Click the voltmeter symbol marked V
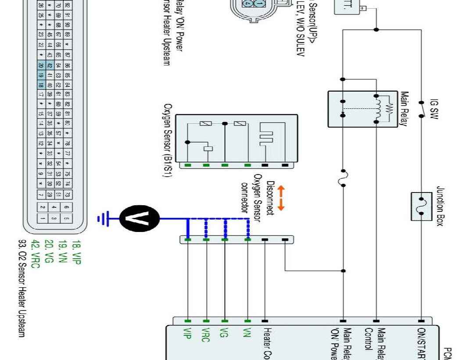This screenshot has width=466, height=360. click(140, 217)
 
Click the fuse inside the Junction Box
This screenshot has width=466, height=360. click(422, 206)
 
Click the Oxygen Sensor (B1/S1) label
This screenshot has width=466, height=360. click(167, 141)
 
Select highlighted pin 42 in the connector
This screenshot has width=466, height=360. click(50, 65)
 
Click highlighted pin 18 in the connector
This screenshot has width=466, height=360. click(41, 85)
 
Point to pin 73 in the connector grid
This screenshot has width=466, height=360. click(68, 194)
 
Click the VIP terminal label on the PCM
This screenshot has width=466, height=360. click(187, 335)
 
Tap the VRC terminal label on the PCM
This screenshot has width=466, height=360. click(206, 335)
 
